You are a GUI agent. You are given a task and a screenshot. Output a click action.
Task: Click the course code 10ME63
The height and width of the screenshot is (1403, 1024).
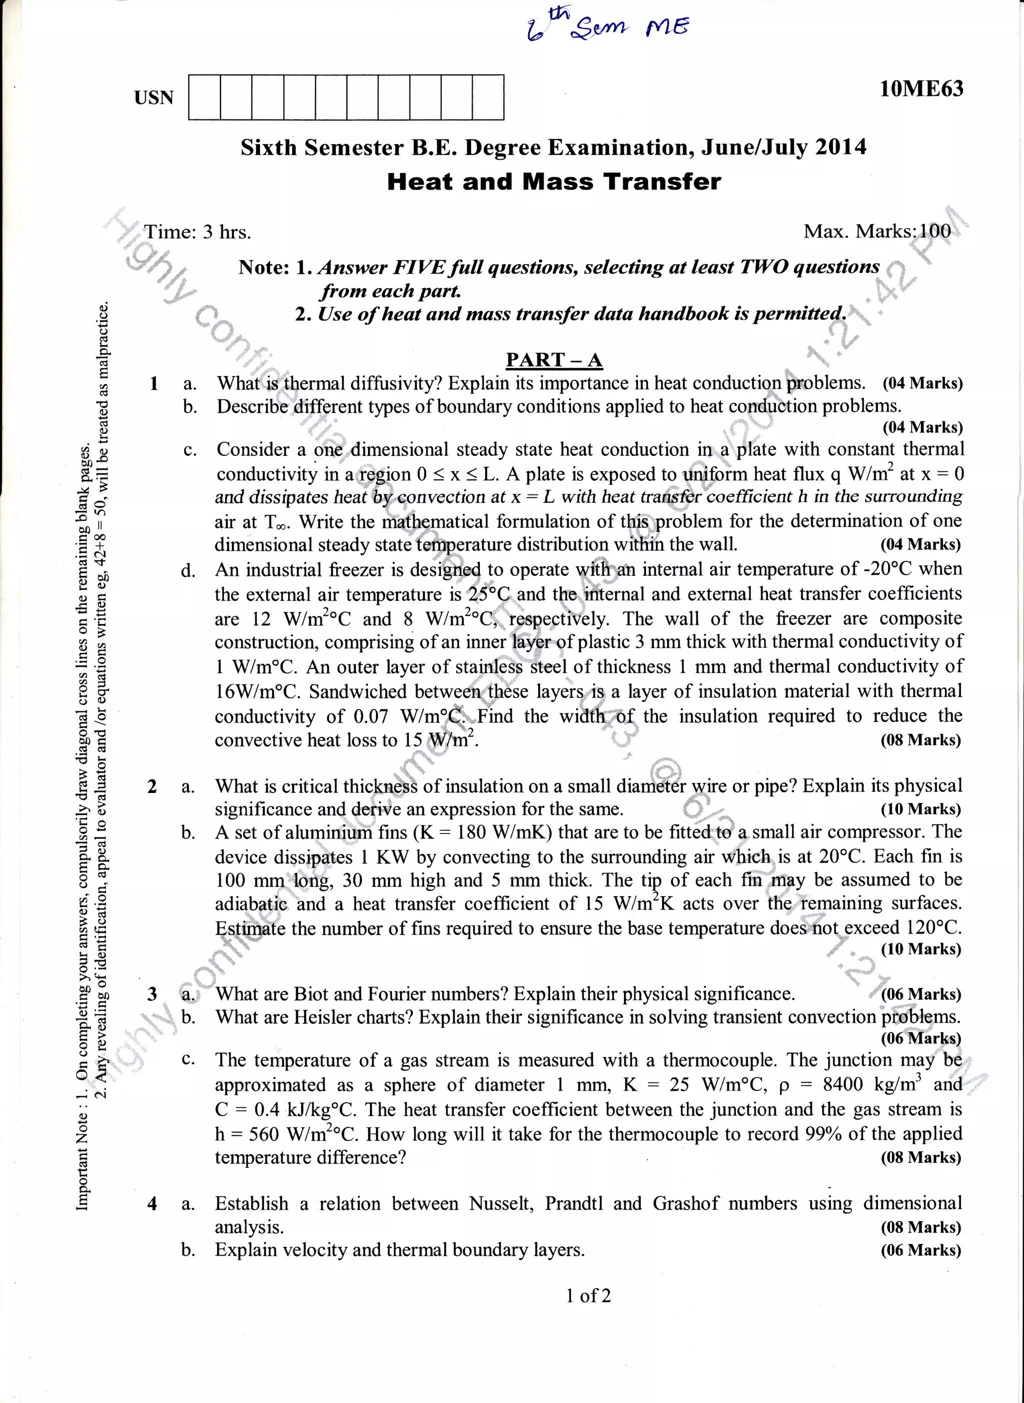coord(921,88)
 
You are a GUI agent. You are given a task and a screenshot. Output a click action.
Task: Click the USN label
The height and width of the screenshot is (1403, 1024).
coord(153,98)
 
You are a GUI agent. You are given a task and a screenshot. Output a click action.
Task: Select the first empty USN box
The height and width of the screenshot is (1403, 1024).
coord(204,97)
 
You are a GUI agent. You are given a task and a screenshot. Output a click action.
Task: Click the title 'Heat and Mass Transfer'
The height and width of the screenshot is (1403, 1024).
coord(553,181)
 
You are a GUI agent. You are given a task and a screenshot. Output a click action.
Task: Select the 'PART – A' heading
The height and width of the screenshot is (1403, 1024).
coord(553,360)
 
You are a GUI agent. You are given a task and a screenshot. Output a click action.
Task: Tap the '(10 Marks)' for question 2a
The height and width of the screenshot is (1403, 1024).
coord(920,809)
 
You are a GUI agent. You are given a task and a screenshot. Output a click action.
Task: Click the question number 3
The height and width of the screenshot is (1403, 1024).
coord(152,994)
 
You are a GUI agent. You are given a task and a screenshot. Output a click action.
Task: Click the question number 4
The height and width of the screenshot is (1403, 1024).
coord(152,1204)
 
